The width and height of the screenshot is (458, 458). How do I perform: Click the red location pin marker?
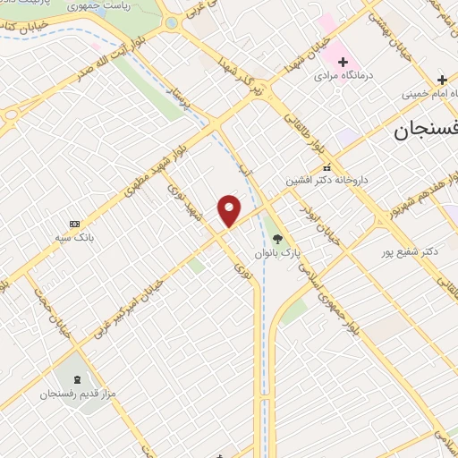230,210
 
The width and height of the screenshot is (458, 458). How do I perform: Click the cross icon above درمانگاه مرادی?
341,61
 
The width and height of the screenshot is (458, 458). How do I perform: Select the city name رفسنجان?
425,131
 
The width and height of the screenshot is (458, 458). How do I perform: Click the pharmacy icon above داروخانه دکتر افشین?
327,167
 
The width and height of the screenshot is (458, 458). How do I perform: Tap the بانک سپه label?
75,238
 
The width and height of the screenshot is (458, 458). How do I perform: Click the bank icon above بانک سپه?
73,224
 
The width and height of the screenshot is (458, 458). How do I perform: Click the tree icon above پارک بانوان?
277,239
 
